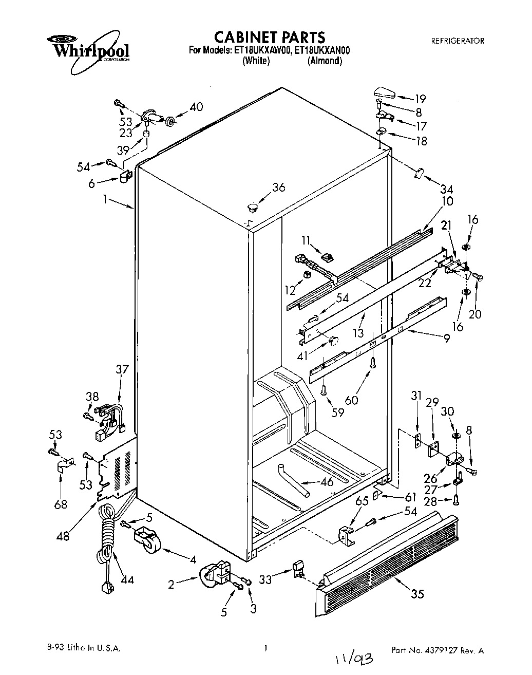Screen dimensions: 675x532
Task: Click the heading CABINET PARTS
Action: [x=269, y=37]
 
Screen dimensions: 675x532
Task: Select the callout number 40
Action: [x=196, y=107]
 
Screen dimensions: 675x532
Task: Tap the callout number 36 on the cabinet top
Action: [x=279, y=188]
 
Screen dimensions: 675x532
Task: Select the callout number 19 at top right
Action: [x=421, y=99]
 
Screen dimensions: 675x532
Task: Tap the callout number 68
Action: [x=61, y=504]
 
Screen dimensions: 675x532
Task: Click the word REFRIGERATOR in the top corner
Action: [x=457, y=41]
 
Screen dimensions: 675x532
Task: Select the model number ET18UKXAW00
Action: [x=262, y=50]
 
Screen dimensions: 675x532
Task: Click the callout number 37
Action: [x=122, y=369]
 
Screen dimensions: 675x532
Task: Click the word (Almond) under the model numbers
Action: [x=325, y=61]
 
